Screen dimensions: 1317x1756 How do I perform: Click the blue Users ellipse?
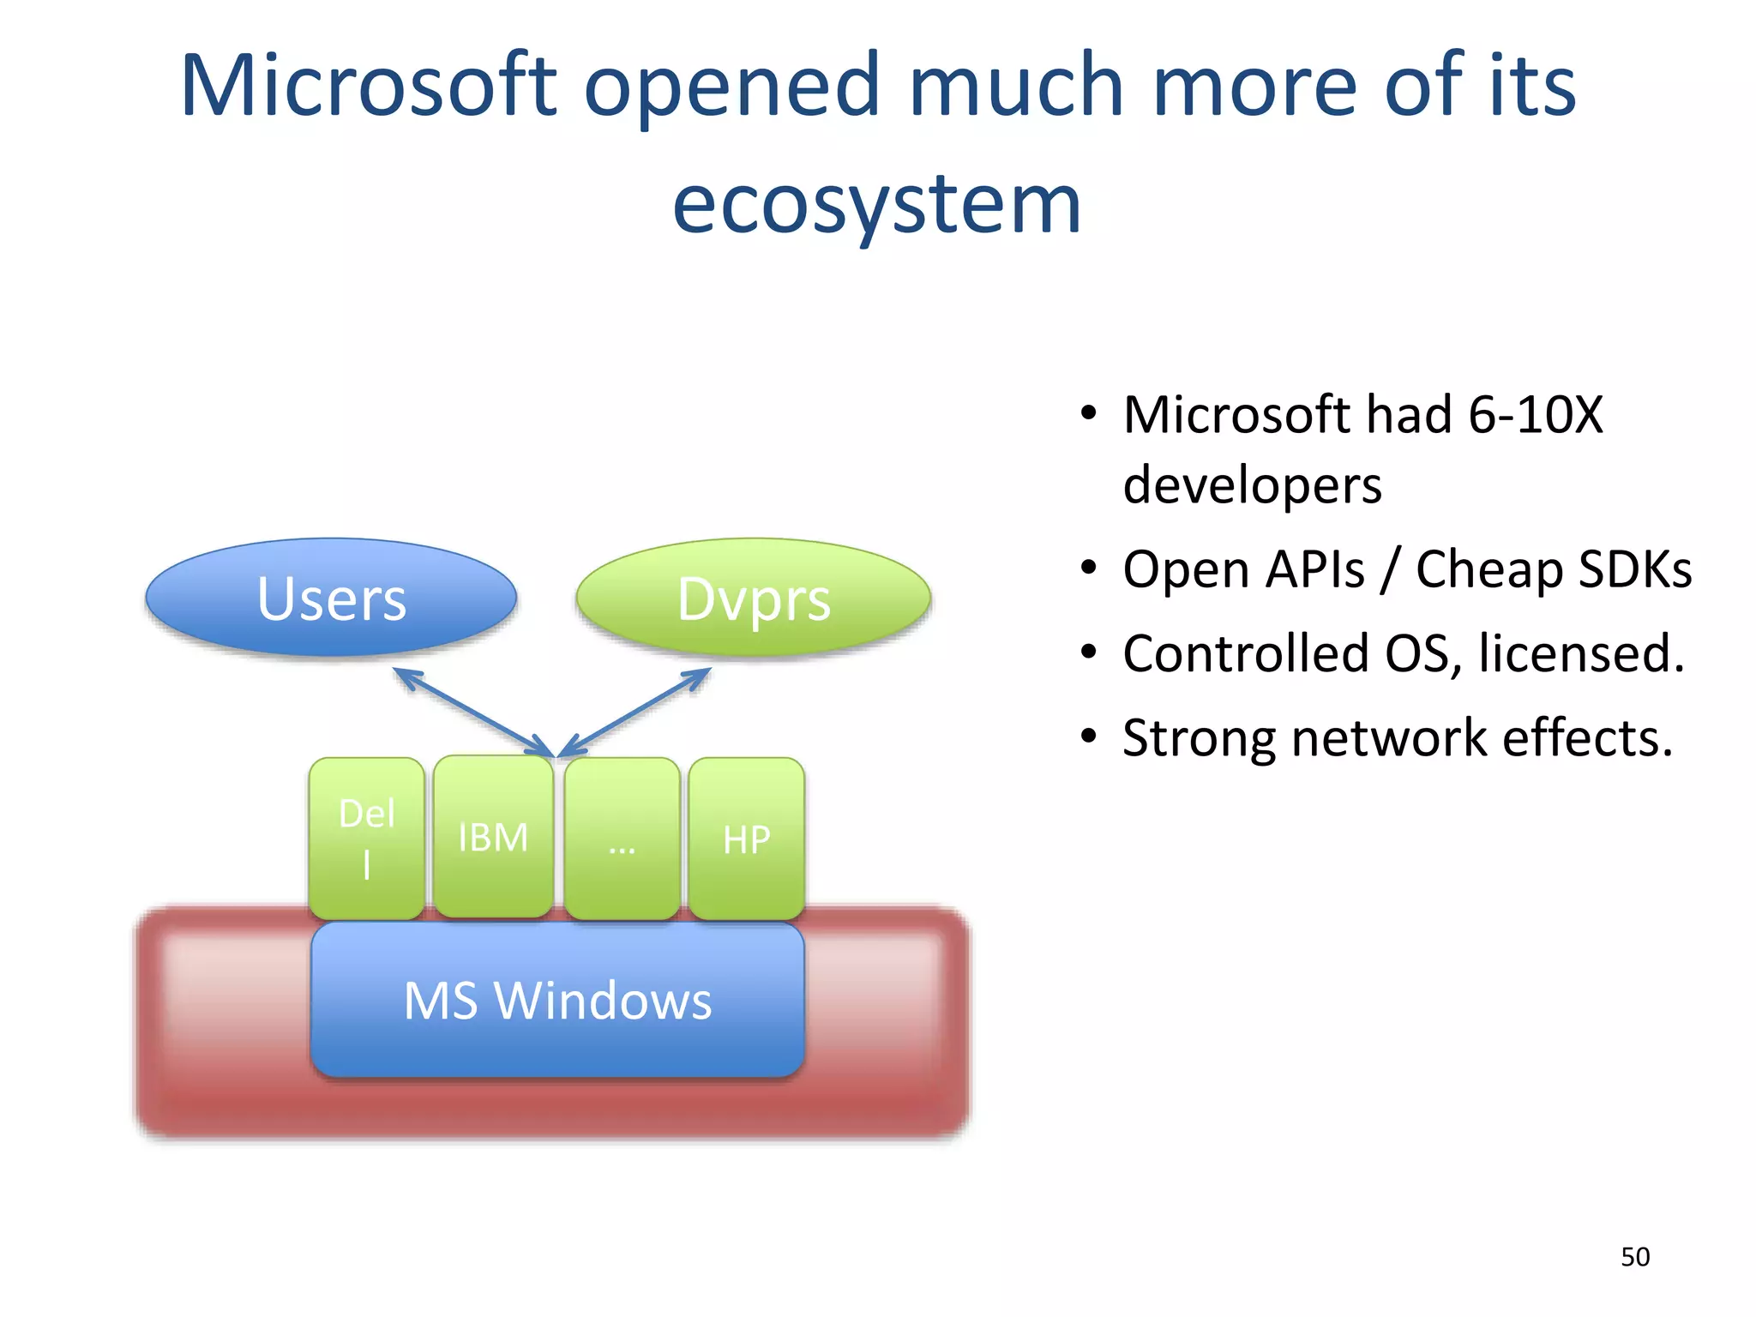click(331, 598)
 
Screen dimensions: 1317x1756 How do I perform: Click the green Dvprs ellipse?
click(753, 598)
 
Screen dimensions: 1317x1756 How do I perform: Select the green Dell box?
click(367, 838)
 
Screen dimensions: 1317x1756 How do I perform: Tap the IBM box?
click(493, 837)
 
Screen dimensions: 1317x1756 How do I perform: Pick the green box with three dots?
click(622, 838)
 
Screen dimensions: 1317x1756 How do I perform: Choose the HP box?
click(746, 838)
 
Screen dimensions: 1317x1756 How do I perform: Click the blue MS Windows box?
click(557, 1000)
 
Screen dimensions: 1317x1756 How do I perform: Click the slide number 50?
click(1634, 1257)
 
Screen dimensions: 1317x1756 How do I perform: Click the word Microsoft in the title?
click(369, 86)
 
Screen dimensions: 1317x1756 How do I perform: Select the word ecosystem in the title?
click(876, 204)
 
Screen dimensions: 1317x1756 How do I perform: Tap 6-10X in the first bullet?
click(1535, 415)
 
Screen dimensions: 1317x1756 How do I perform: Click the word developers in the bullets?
click(1252, 485)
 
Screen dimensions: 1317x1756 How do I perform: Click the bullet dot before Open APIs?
click(1089, 568)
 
